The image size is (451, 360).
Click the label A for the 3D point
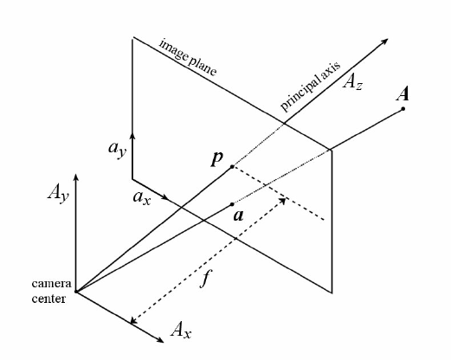(x=403, y=93)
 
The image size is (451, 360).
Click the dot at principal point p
(x=232, y=166)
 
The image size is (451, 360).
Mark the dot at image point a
(x=232, y=205)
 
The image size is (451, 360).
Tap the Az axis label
(x=353, y=83)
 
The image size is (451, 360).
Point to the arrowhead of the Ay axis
(x=76, y=177)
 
